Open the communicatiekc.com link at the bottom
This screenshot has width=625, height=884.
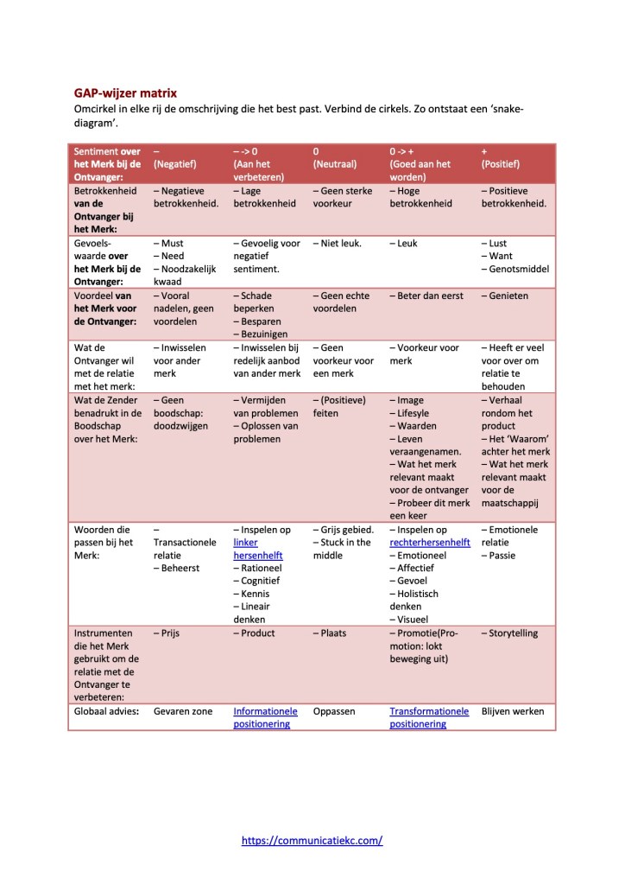(x=312, y=839)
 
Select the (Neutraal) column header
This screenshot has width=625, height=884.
(x=334, y=163)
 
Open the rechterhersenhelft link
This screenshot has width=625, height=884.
(x=429, y=543)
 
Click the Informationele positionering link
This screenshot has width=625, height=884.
(x=265, y=717)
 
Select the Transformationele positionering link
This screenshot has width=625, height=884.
(x=429, y=717)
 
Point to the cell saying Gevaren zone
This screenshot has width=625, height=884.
(x=183, y=711)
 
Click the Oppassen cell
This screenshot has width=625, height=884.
(x=335, y=711)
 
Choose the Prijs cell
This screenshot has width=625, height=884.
(x=168, y=633)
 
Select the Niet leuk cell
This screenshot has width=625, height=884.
(x=337, y=243)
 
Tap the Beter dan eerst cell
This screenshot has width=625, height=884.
(x=428, y=296)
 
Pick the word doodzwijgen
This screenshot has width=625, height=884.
(x=180, y=426)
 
